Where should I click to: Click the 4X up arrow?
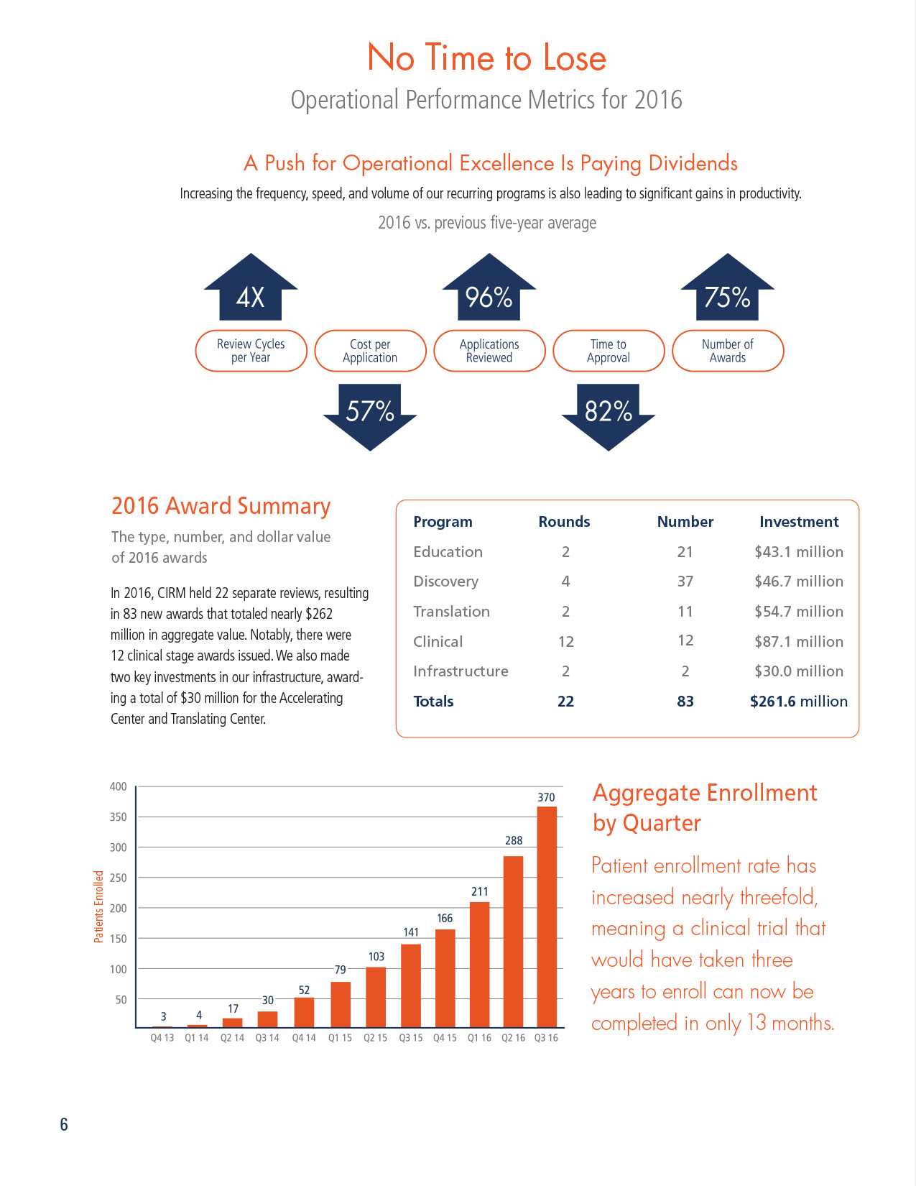click(x=251, y=291)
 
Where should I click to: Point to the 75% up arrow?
click(x=727, y=291)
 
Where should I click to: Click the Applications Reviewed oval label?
click(x=489, y=351)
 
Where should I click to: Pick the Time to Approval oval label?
click(x=609, y=351)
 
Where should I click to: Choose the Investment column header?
click(x=799, y=522)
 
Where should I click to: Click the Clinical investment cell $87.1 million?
click(x=799, y=641)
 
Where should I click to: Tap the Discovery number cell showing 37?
click(x=685, y=581)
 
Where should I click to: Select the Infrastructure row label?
click(x=461, y=671)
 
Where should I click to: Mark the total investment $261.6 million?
click(x=799, y=702)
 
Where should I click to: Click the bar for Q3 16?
click(x=547, y=916)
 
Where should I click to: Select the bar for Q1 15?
click(x=341, y=1004)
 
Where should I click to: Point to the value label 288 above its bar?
click(x=514, y=840)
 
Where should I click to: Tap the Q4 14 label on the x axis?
click(x=304, y=1038)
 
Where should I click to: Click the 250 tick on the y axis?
click(x=119, y=878)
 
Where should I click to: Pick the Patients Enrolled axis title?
click(x=99, y=906)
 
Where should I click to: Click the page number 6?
click(x=64, y=1125)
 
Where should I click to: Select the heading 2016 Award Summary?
click(x=221, y=506)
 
